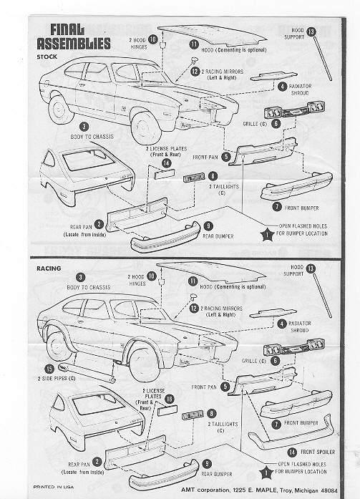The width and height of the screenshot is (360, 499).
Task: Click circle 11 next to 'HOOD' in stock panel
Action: [x=194, y=44]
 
